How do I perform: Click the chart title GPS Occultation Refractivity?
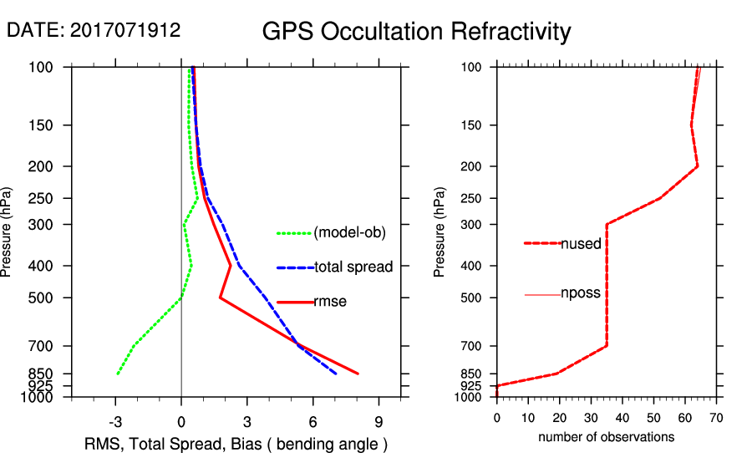coord(416,32)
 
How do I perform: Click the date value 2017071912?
coord(124,31)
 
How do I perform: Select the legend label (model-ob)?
coord(350,233)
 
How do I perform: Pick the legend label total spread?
coord(353,267)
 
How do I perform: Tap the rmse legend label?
coord(330,302)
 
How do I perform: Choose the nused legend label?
coord(581,243)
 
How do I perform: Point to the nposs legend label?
coord(581,294)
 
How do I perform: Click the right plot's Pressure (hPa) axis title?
coord(440,231)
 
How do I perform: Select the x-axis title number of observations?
coord(606,437)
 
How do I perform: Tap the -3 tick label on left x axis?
coord(115,422)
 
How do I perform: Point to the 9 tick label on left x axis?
coord(379,422)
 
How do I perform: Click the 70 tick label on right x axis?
coord(716,417)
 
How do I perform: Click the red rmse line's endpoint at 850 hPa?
coord(358,374)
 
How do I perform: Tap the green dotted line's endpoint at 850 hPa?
coord(117,374)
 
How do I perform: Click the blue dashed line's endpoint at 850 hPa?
coord(336,374)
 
